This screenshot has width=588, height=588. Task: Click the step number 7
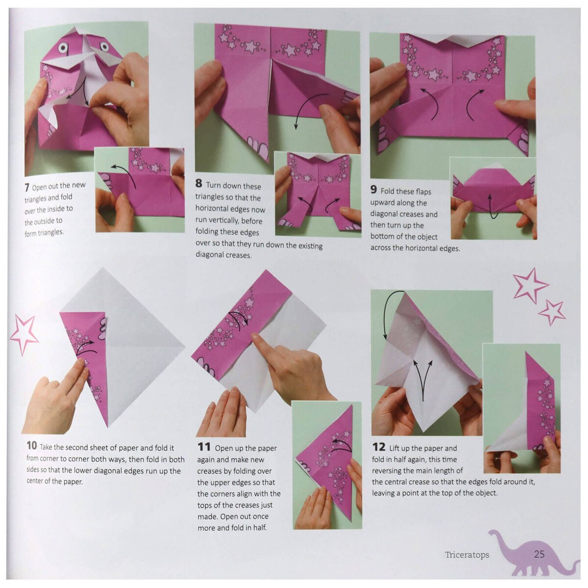click(x=27, y=188)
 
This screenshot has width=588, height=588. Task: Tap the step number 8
click(x=198, y=184)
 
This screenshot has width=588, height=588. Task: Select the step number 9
click(x=373, y=190)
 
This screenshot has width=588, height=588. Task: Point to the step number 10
click(x=32, y=445)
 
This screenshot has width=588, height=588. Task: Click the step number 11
click(x=204, y=447)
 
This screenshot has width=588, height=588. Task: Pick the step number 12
click(x=379, y=447)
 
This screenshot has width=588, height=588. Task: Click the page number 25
click(x=539, y=554)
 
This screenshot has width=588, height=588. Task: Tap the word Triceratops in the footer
click(x=467, y=555)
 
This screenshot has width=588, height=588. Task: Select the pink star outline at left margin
click(x=24, y=333)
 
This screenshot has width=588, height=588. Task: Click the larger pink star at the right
click(x=529, y=285)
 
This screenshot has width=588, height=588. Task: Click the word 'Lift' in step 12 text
click(x=394, y=448)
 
